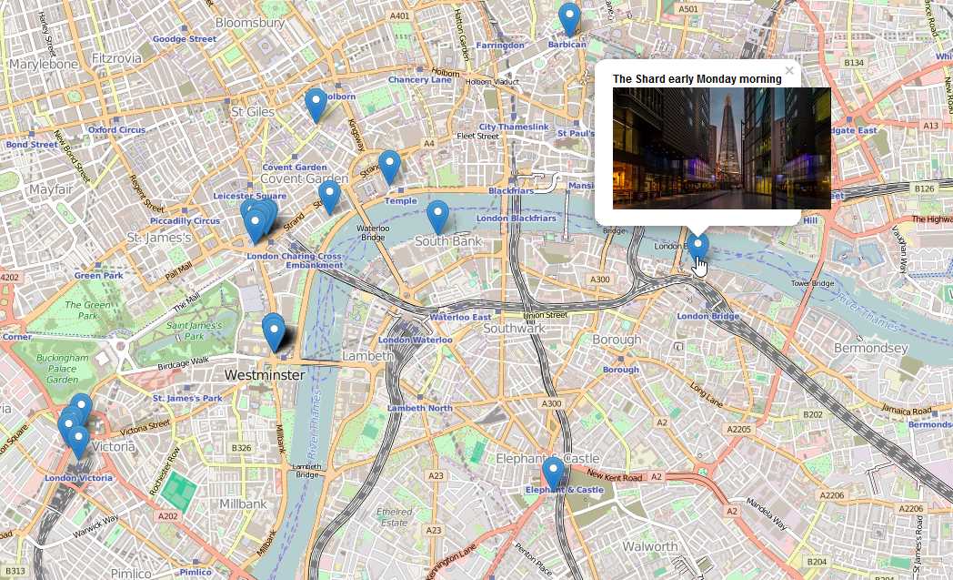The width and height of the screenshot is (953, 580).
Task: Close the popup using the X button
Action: tap(789, 70)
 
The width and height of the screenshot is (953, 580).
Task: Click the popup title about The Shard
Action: tap(697, 79)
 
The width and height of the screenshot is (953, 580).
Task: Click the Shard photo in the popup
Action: tap(721, 148)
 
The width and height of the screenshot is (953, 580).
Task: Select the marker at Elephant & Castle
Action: tap(553, 473)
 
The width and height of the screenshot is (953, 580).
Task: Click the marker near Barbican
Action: tap(569, 19)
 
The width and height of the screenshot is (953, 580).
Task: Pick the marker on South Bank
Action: tap(438, 217)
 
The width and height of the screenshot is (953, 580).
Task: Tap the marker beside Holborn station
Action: tap(316, 105)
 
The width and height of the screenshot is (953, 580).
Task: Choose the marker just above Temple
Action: tap(389, 167)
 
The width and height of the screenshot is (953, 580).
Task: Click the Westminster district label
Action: tap(264, 374)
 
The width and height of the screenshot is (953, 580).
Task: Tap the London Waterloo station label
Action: tap(415, 341)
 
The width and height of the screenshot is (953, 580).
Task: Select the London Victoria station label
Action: tap(78, 478)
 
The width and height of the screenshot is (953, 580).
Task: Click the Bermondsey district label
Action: tap(870, 349)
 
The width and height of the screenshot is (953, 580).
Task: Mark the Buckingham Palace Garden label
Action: tap(63, 369)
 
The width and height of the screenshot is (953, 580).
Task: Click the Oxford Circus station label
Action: tap(116, 130)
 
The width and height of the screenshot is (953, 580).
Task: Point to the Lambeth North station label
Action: tap(420, 409)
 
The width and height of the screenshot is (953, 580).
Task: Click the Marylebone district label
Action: tap(43, 65)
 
